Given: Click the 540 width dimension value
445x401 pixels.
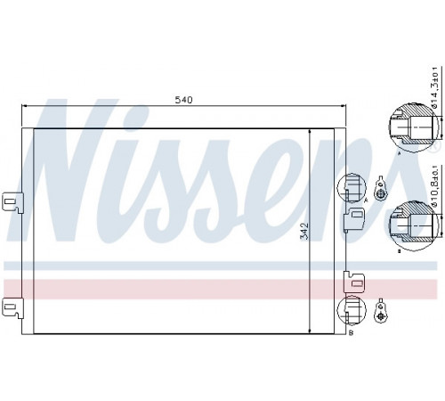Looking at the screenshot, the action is [183, 100].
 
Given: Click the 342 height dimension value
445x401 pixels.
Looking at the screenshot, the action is [304, 231].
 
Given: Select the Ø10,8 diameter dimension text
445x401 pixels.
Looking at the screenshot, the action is [434, 185].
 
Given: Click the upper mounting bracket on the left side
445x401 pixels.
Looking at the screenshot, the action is [12, 202].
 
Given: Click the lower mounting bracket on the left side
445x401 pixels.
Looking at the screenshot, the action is [12, 308].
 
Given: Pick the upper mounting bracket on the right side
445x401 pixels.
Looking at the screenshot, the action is [354, 219].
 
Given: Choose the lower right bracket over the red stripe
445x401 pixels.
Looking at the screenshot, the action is [354, 282].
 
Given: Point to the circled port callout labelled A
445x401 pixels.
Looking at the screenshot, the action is [352, 188].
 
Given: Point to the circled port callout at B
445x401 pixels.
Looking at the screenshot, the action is [352, 310].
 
